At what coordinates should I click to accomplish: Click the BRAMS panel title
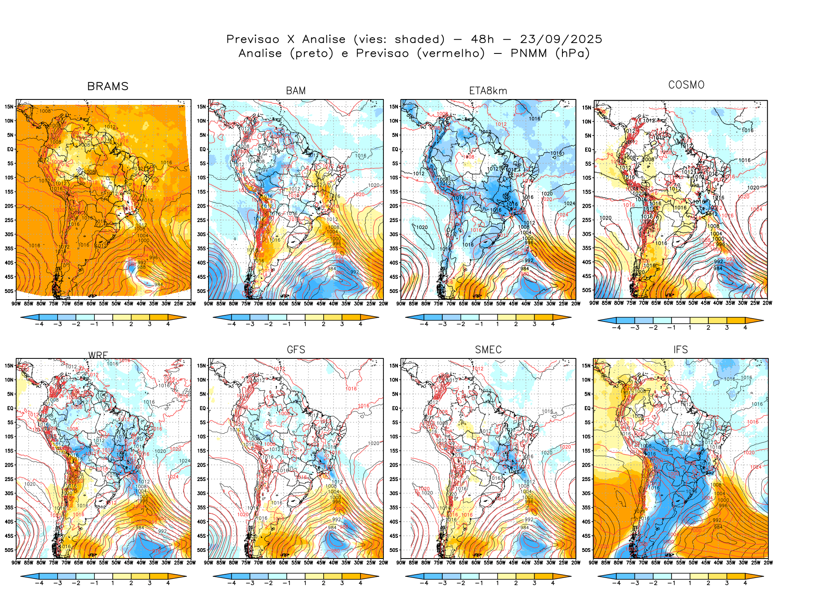click(x=108, y=86)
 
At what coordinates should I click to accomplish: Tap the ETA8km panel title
click(x=488, y=91)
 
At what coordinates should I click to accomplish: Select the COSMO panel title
click(x=686, y=85)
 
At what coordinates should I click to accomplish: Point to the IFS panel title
click(x=681, y=350)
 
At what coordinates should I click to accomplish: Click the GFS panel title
click(x=296, y=350)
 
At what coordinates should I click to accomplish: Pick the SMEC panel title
click(x=488, y=350)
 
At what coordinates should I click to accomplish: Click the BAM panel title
click(x=296, y=91)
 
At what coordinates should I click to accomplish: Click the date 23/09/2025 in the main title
click(x=561, y=39)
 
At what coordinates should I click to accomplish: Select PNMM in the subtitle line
click(x=528, y=53)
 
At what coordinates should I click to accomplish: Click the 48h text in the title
click(x=482, y=39)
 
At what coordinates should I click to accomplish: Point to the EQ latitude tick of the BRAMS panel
click(x=10, y=149)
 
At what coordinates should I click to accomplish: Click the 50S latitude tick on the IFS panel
click(x=587, y=550)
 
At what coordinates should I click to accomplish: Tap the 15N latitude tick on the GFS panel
click(x=201, y=365)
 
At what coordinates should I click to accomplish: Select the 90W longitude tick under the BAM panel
click(x=208, y=304)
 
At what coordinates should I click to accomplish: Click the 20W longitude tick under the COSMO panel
click(x=768, y=303)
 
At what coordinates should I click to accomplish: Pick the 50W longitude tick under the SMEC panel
click(x=501, y=563)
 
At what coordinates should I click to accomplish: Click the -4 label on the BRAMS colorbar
click(x=39, y=324)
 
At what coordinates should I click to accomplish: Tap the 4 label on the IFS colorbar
click(x=745, y=583)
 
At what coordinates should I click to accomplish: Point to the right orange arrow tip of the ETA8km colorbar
click(x=570, y=317)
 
